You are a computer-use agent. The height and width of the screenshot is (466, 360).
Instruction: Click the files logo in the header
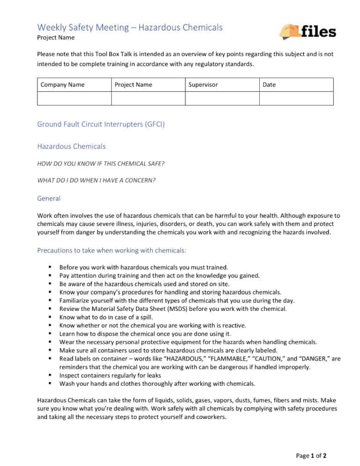pos(307,31)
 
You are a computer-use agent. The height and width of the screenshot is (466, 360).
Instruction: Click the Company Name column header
pos(63,85)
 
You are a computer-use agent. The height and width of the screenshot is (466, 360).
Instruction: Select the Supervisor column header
pos(203,85)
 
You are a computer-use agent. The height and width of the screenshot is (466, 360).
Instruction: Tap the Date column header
pos(269,85)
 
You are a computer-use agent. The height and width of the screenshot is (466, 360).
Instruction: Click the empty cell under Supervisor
pos(222,98)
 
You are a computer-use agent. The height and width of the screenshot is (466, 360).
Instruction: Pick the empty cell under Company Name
pos(74,98)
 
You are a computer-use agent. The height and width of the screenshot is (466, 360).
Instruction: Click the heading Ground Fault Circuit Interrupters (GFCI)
pos(100,125)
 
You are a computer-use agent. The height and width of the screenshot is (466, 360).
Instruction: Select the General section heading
pos(49,199)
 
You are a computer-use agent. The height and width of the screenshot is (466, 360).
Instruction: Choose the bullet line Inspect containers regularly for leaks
pos(110,376)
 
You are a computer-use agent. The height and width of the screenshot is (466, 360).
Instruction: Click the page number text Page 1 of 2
pos(312,456)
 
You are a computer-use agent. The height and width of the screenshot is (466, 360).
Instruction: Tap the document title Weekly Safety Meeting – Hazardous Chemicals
pos(130,27)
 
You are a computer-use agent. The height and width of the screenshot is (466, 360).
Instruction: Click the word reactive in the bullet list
pos(234,325)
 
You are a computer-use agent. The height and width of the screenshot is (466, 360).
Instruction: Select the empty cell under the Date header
pos(296,98)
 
